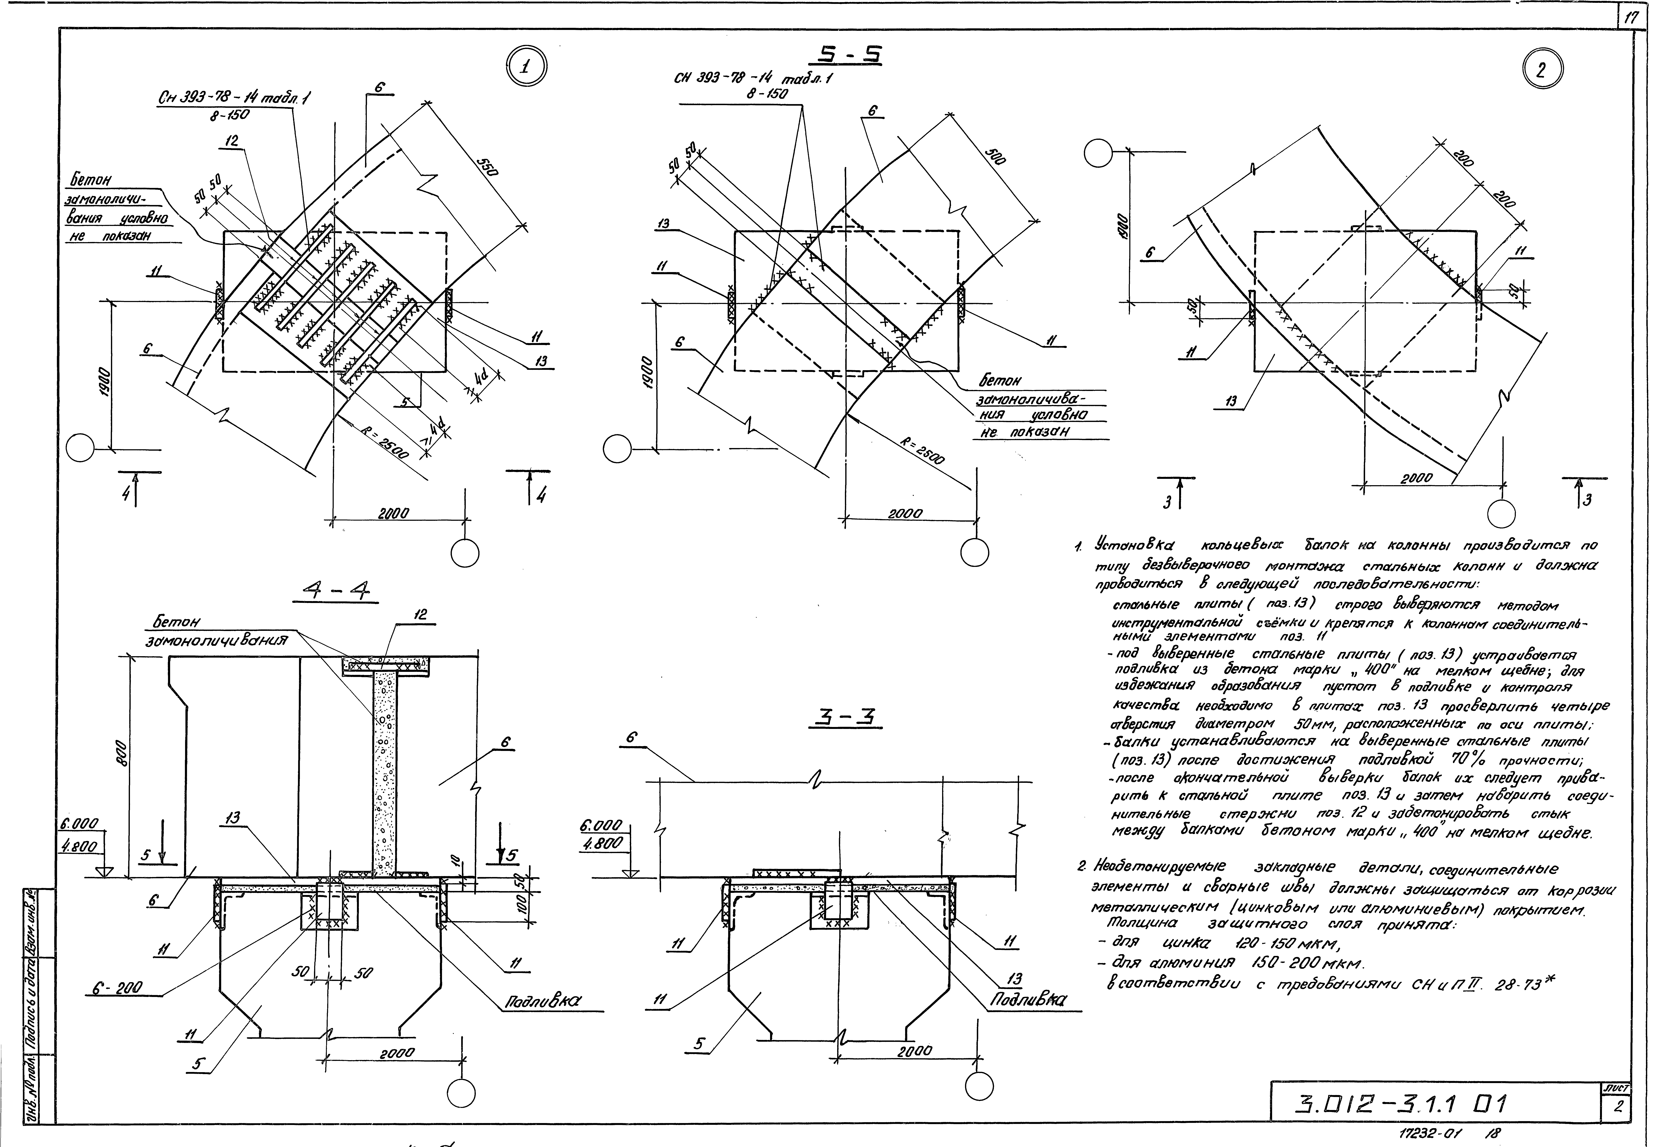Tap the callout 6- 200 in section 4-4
pyautogui.click(x=117, y=989)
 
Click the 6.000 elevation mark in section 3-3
pyautogui.click(x=601, y=826)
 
